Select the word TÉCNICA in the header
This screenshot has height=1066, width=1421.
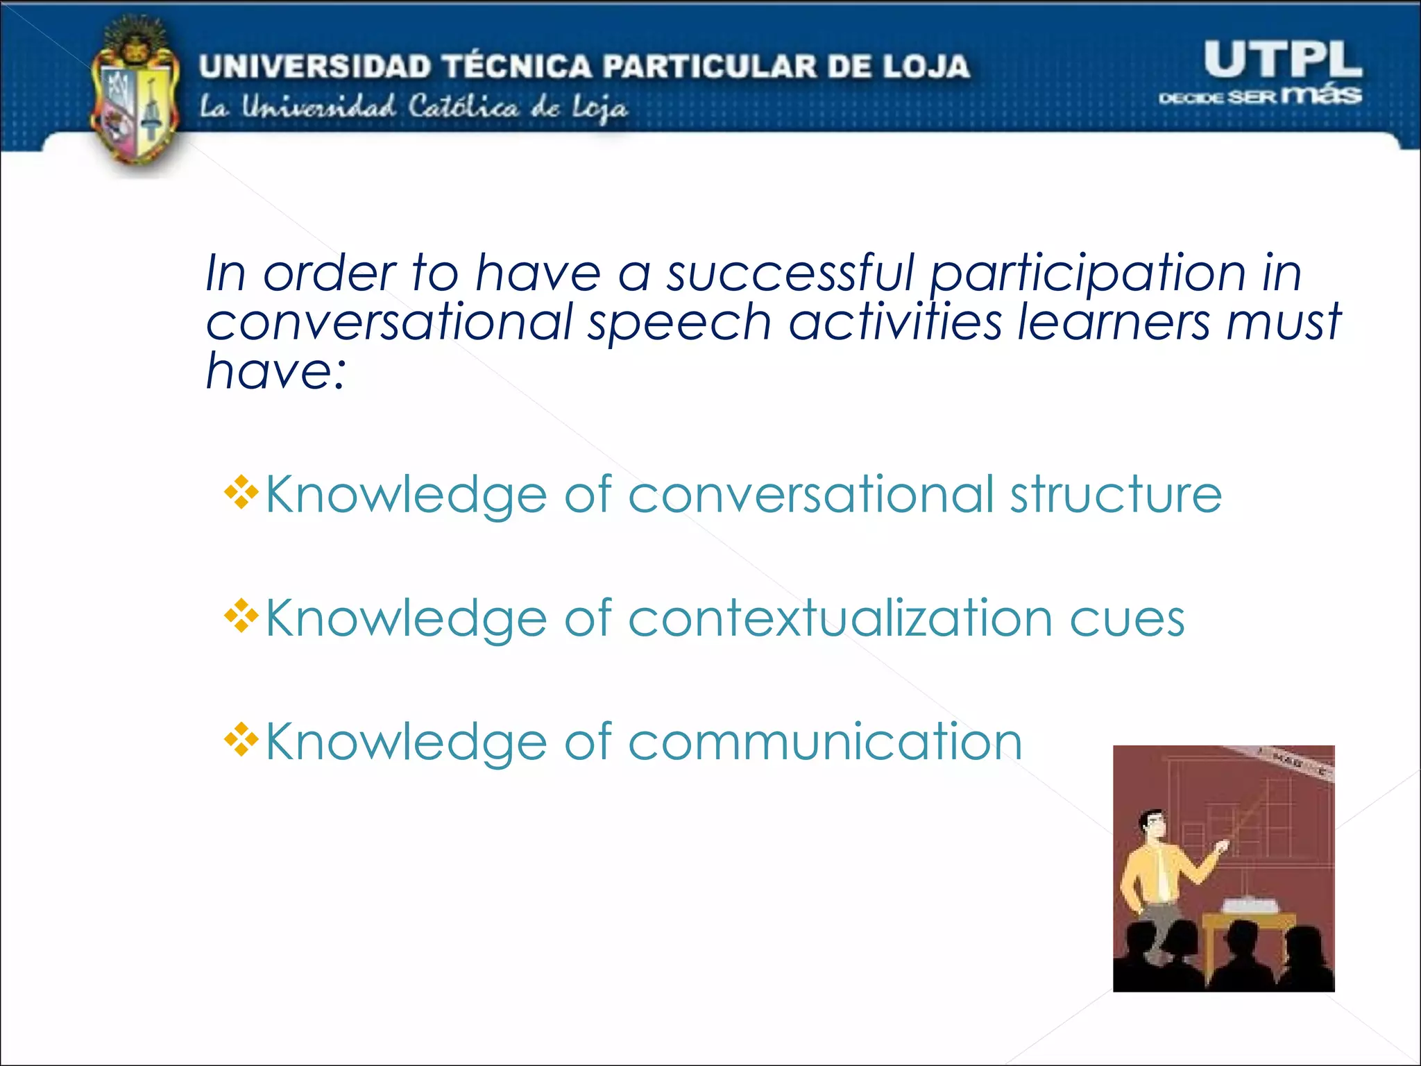[518, 67]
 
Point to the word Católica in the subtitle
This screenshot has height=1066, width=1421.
[463, 108]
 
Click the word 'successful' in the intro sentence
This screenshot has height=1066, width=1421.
[790, 273]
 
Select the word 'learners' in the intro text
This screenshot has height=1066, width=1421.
[1113, 322]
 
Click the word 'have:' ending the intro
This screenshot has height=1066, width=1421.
[275, 371]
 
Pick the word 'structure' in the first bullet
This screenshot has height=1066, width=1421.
[1116, 494]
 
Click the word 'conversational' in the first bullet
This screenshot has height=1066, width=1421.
[811, 494]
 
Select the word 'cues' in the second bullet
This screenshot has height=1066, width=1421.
[1127, 619]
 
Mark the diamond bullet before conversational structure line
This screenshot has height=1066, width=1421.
[241, 493]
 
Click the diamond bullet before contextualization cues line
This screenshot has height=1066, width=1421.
[241, 616]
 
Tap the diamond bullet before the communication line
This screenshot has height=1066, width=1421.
[241, 740]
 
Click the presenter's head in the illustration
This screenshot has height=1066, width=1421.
[1152, 826]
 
